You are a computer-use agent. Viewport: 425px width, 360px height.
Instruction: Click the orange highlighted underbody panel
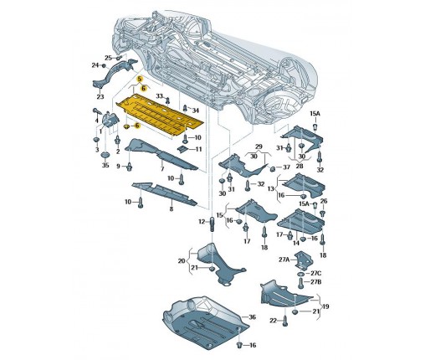pyautogui.click(x=159, y=115)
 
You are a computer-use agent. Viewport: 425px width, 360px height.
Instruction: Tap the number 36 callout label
pyautogui.click(x=252, y=317)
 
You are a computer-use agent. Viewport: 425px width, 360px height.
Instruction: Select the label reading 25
pyautogui.click(x=108, y=58)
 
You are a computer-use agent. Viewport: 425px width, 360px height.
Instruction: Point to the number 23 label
pyautogui.click(x=100, y=97)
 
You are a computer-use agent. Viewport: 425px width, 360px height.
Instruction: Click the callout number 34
pyautogui.click(x=196, y=111)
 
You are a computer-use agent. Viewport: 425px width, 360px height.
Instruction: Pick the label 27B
pyautogui.click(x=315, y=282)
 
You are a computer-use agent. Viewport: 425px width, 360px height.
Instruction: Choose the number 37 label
pyautogui.click(x=286, y=167)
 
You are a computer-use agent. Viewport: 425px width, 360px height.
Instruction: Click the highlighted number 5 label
pyautogui.click(x=140, y=79)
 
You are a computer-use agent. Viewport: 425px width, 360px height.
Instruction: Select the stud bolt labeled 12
pyautogui.click(x=212, y=224)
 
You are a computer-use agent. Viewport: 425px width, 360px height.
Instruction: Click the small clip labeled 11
pyautogui.click(x=183, y=149)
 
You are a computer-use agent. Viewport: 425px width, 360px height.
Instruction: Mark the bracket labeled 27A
pyautogui.click(x=305, y=260)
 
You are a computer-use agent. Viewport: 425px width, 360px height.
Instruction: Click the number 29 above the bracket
pyautogui.click(x=259, y=147)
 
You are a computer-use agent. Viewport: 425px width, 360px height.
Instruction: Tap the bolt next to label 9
pyautogui.click(x=130, y=167)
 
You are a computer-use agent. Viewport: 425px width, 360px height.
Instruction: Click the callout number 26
pyautogui.click(x=324, y=201)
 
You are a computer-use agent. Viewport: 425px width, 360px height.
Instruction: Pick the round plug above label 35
pyautogui.click(x=105, y=155)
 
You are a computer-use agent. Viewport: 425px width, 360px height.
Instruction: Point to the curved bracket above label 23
pyautogui.click(x=115, y=73)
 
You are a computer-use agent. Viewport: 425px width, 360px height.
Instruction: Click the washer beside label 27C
pyautogui.click(x=301, y=273)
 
